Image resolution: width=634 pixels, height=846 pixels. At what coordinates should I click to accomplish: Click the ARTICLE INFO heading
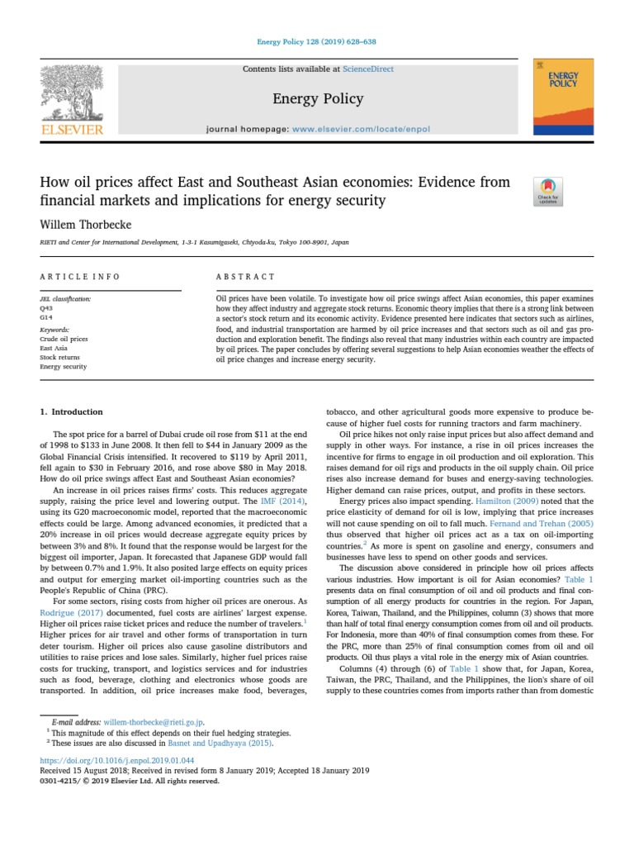79,276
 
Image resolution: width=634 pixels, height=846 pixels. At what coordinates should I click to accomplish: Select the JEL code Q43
46,307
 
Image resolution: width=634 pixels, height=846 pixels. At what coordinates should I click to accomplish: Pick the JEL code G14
46,316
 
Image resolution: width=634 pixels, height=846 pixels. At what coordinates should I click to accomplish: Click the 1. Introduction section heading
72,411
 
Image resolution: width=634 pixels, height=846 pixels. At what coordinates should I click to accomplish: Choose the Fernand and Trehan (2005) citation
541,524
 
